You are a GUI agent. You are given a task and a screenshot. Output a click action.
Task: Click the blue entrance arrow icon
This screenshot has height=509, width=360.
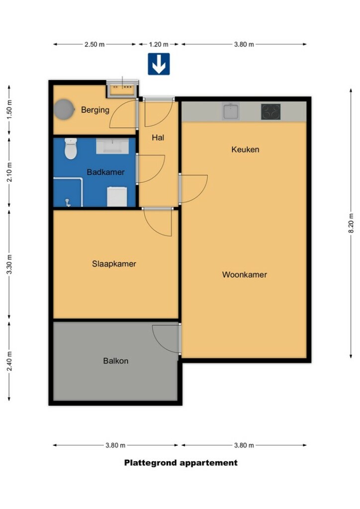159,64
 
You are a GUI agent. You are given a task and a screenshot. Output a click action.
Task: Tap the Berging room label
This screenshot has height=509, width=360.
95,110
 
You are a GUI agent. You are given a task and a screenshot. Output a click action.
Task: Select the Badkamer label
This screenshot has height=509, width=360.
105,172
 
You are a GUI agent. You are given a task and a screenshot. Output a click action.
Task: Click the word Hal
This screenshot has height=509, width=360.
158,138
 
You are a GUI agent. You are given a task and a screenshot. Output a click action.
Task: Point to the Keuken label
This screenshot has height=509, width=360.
245,150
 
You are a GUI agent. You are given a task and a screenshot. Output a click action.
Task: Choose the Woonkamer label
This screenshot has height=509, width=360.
245,274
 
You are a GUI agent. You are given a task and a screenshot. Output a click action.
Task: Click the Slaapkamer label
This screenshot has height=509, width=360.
114,264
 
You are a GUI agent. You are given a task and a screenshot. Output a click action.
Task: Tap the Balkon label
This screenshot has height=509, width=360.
115,361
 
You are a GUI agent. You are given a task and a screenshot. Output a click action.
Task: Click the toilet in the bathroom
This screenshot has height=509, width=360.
71,149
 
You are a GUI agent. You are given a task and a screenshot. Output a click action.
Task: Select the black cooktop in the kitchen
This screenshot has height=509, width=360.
270,112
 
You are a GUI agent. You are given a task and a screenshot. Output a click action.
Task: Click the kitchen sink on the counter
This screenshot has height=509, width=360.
231,111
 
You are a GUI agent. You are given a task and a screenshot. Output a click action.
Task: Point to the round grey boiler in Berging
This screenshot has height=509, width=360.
64,109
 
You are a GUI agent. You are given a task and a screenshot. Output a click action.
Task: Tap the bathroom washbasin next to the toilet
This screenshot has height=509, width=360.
112,146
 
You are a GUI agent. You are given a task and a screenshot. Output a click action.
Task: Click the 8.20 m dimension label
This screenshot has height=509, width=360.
351,223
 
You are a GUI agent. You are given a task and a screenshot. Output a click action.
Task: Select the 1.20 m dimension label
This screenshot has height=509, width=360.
159,44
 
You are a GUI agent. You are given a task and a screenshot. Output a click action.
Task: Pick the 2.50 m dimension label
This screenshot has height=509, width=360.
94,44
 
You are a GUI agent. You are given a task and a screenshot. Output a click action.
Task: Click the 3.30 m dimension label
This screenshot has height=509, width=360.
9,264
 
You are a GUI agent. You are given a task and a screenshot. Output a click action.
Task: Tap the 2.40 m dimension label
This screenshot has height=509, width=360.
9,361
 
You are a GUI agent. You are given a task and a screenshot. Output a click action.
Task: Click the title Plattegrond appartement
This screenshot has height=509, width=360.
181,463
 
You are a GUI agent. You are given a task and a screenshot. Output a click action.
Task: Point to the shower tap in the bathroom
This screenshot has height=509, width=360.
68,203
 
